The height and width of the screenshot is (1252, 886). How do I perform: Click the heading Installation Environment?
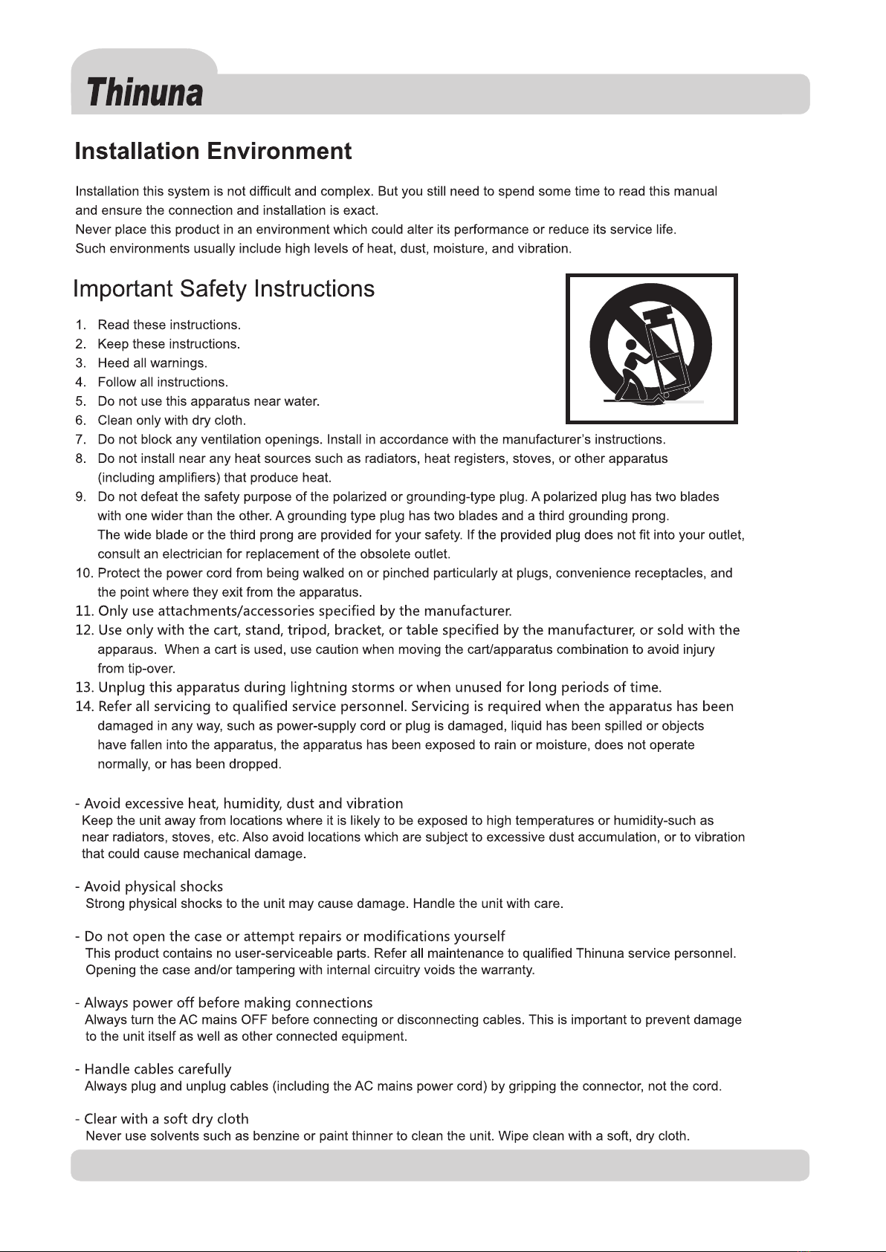(213, 152)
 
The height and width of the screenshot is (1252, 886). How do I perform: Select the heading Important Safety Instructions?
(224, 289)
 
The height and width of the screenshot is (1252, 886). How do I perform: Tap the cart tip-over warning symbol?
(651, 348)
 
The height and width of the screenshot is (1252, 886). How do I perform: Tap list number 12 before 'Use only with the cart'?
(83, 631)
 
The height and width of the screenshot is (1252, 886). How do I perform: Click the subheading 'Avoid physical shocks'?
(153, 887)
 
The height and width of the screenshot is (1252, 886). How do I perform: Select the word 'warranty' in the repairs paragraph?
(508, 970)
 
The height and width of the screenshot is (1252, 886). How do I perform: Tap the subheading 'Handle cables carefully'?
(158, 1070)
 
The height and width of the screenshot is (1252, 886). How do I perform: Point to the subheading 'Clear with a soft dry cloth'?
(166, 1120)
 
